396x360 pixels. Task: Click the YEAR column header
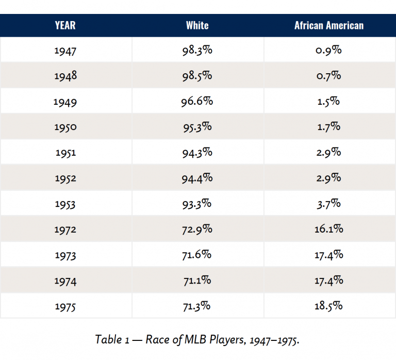[x=65, y=25]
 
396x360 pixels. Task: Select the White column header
[x=197, y=25]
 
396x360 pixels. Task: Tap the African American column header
[x=329, y=25]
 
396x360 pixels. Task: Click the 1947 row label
[x=65, y=51]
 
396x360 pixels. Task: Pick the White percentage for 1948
[x=197, y=76]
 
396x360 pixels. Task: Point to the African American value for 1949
[x=329, y=101]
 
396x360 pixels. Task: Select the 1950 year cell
[x=65, y=127]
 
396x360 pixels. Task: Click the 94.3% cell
[x=197, y=152]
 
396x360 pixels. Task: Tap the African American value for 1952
[x=329, y=177]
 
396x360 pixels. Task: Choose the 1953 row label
[x=65, y=203]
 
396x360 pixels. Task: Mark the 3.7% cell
[x=329, y=203]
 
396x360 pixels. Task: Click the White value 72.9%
[x=197, y=228]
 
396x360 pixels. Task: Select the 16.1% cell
[x=329, y=228]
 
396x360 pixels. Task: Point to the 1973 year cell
[x=65, y=254]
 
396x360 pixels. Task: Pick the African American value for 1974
[x=329, y=280]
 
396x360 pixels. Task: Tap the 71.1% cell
[x=197, y=280]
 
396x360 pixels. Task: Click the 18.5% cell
[x=329, y=306]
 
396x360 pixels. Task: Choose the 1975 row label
[x=65, y=306]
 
